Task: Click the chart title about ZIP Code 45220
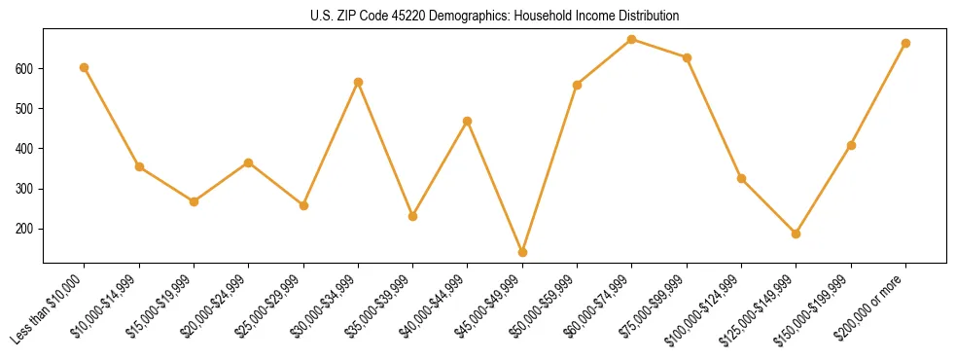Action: coord(494,17)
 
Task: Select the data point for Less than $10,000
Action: coord(85,67)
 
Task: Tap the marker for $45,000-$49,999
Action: coord(522,252)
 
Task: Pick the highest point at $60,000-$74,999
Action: coord(632,39)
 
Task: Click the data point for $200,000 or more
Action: coord(905,43)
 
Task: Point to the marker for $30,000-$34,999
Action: coord(358,82)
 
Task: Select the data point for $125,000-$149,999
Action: coord(797,234)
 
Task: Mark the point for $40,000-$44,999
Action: coord(468,121)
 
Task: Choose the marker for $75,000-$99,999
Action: coord(687,57)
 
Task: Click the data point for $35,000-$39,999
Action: coord(412,216)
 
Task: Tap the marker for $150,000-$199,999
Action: coord(851,145)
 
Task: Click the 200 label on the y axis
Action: coord(25,229)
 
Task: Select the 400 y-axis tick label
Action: coord(25,149)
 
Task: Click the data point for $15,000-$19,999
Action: coord(194,201)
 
